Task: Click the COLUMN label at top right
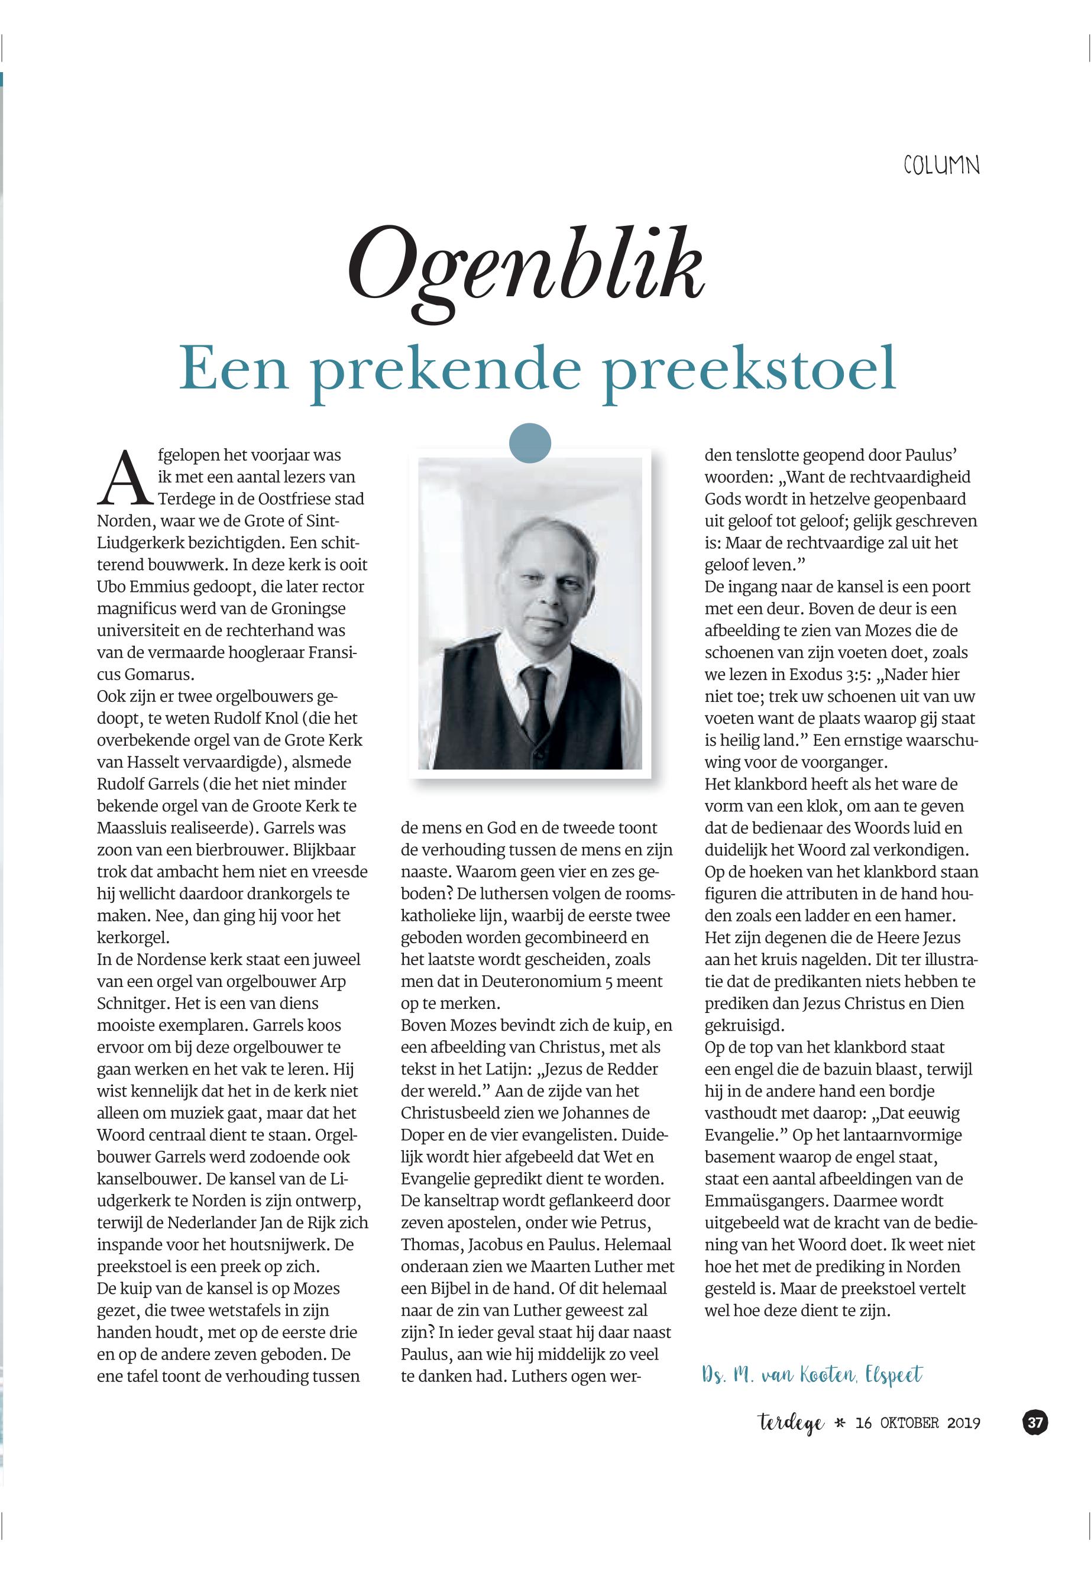tap(941, 166)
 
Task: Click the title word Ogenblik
tap(526, 269)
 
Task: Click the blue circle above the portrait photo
tap(530, 443)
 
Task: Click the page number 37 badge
tap(1035, 1423)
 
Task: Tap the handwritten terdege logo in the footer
tap(791, 1424)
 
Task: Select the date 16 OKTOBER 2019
tap(917, 1423)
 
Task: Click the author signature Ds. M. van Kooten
tap(779, 1375)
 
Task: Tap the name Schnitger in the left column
tap(129, 1004)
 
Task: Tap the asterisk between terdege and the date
tap(840, 1423)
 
